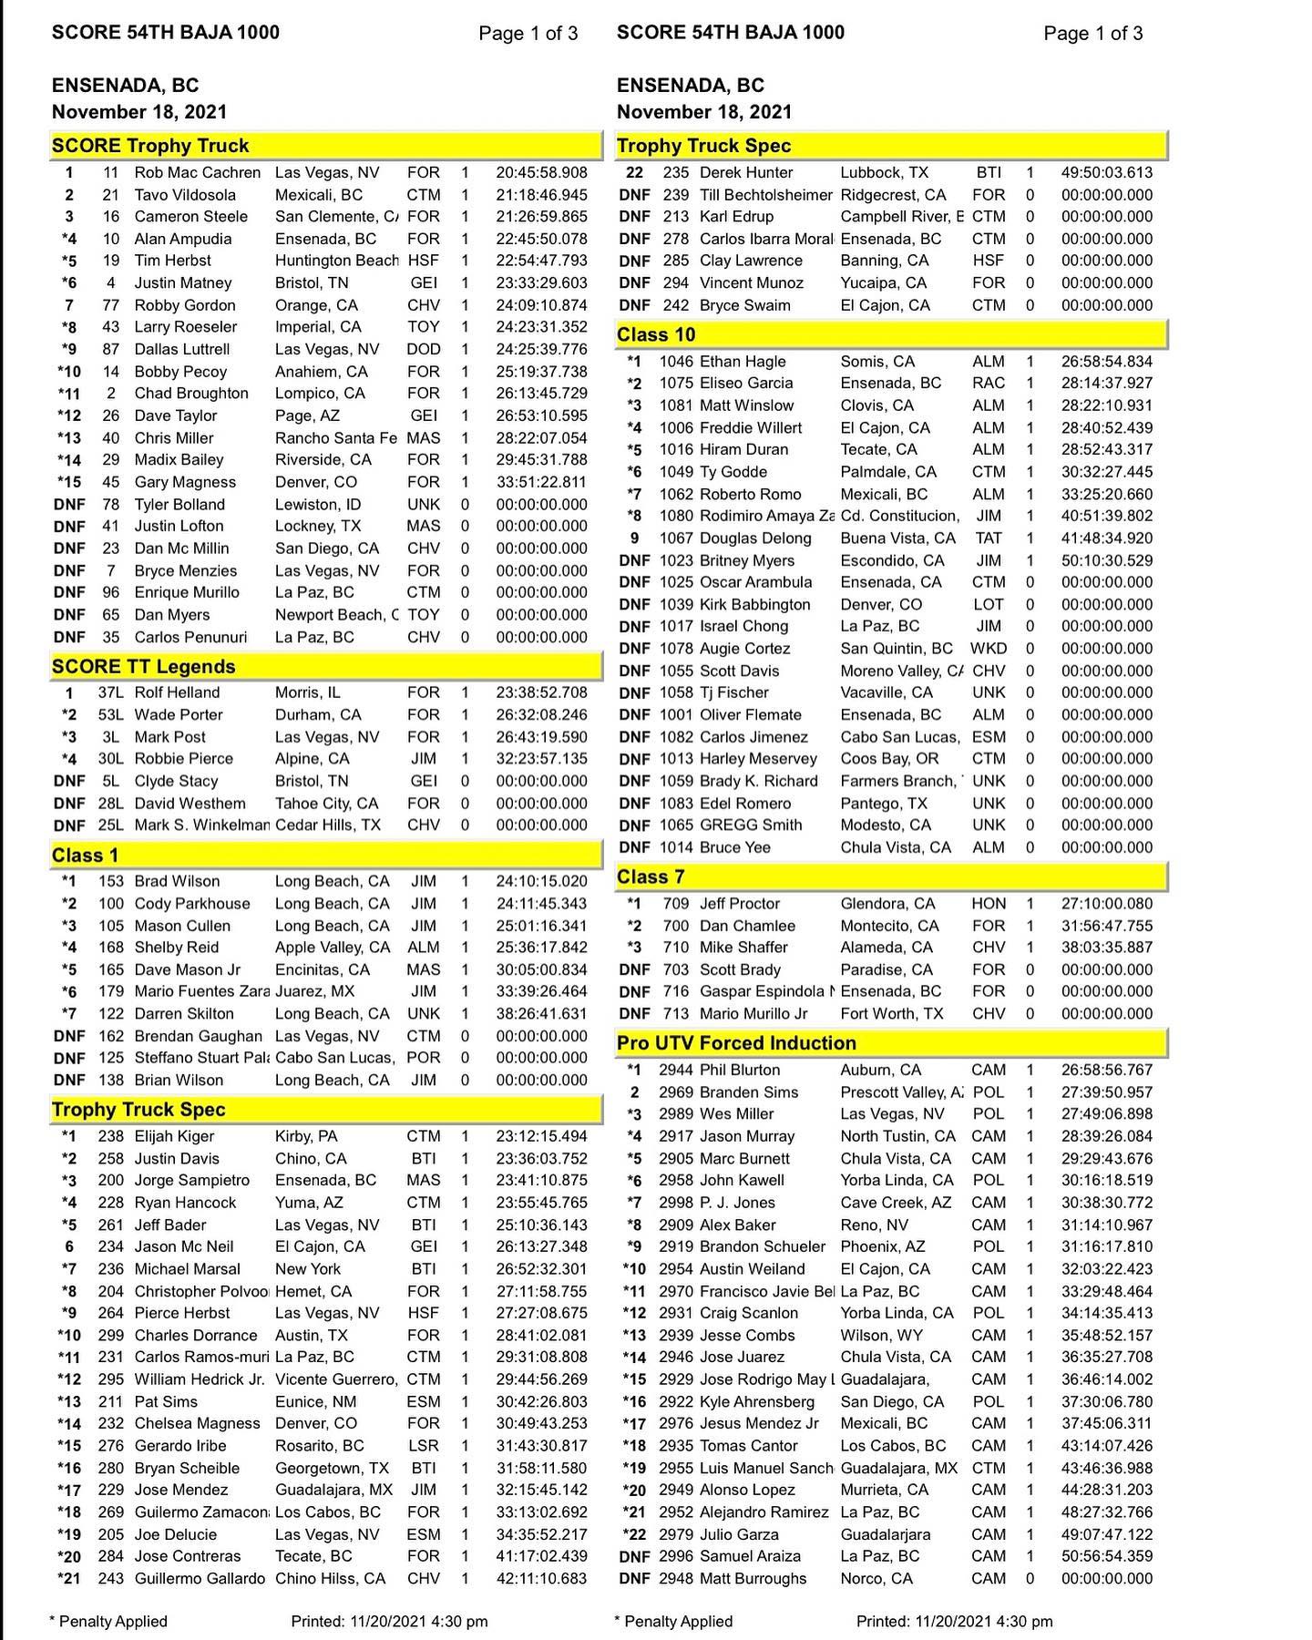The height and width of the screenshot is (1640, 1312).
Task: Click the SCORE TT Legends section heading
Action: pos(144,667)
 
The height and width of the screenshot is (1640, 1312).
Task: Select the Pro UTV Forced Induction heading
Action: pos(736,1043)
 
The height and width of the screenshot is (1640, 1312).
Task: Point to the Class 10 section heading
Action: pos(656,335)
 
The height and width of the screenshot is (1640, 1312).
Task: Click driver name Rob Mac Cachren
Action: pos(197,173)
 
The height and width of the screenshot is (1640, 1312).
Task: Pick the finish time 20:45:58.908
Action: pos(541,173)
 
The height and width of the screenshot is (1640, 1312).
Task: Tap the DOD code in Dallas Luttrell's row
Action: pos(424,350)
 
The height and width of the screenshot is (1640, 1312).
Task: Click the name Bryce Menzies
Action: pos(186,571)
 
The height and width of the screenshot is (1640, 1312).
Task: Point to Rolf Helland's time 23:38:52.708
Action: pos(541,693)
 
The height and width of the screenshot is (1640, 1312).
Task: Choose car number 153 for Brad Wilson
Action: pos(111,882)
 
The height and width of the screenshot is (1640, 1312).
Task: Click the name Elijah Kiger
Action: pos(175,1137)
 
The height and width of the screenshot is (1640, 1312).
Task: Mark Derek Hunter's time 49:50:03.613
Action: pos(1106,173)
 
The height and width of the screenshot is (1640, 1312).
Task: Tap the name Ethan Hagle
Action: pos(743,362)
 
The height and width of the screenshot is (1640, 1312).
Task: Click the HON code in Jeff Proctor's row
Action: pos(989,904)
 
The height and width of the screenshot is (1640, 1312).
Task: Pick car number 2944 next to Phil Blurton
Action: pos(676,1071)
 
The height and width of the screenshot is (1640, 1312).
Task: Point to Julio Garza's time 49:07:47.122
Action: pos(1106,1534)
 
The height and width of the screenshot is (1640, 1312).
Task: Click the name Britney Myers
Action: pos(747,561)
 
